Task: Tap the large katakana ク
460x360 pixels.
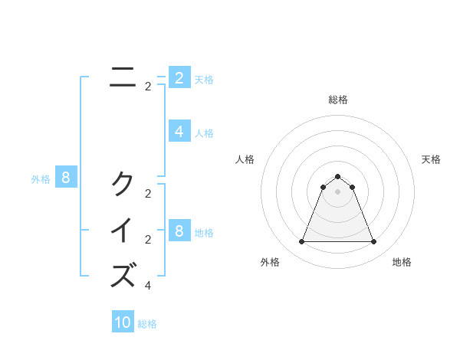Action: tap(123, 184)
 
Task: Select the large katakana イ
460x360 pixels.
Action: tap(123, 231)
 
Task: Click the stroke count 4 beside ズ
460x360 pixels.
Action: tap(148, 286)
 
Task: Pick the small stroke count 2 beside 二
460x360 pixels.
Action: tap(148, 87)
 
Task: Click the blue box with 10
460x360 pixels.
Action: tap(123, 322)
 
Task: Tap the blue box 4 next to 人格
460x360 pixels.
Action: tap(179, 132)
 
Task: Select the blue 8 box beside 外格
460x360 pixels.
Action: tap(66, 178)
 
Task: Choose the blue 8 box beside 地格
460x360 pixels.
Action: tap(179, 231)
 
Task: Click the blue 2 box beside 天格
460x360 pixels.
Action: tap(179, 77)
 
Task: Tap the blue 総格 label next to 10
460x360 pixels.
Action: tap(147, 324)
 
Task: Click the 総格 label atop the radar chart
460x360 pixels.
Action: tap(337, 100)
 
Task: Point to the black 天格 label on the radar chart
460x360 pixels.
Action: tap(431, 159)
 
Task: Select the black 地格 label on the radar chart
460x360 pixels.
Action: tap(402, 262)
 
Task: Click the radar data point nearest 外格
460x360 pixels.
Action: tap(301, 242)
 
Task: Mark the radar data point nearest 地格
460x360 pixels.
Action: tap(373, 242)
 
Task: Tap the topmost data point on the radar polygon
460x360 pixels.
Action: tap(337, 177)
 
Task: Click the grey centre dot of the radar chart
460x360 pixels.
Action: tap(337, 191)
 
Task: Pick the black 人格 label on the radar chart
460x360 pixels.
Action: tap(245, 159)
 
